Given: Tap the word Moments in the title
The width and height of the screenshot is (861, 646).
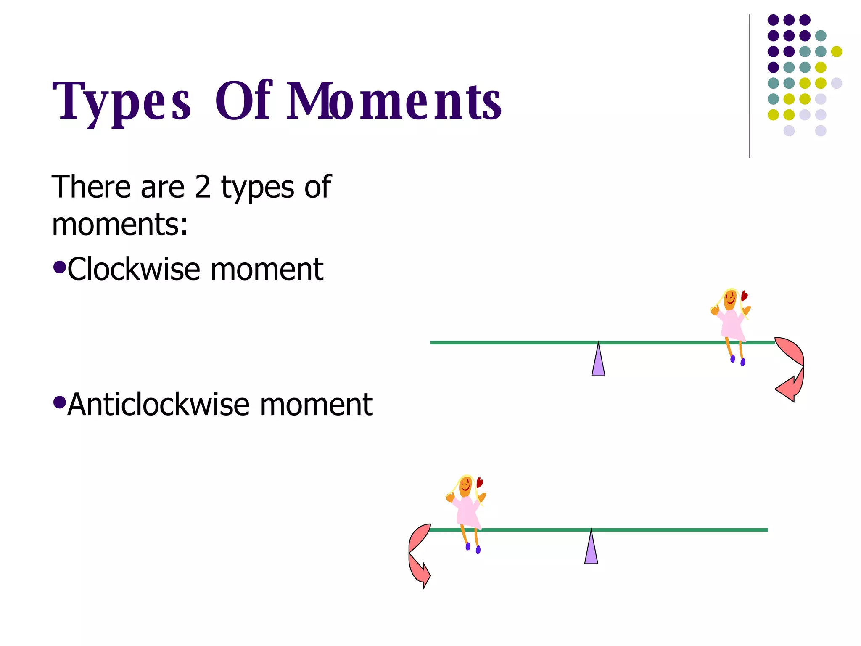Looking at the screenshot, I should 394,101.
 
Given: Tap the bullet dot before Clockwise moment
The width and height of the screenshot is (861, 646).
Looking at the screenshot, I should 60,267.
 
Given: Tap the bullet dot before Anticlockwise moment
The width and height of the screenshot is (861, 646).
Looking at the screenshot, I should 60,402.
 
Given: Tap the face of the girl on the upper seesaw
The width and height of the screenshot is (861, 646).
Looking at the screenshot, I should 730,300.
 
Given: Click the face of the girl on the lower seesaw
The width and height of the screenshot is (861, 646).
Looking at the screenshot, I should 465,487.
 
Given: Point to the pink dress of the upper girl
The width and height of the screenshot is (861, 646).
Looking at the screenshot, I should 732,325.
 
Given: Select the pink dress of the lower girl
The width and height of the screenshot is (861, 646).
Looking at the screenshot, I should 468,512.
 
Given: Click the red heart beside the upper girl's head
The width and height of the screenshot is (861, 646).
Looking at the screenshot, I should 744,296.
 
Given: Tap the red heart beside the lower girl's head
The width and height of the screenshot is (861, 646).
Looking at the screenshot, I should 479,482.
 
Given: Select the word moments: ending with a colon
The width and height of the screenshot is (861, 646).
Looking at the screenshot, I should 120,224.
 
